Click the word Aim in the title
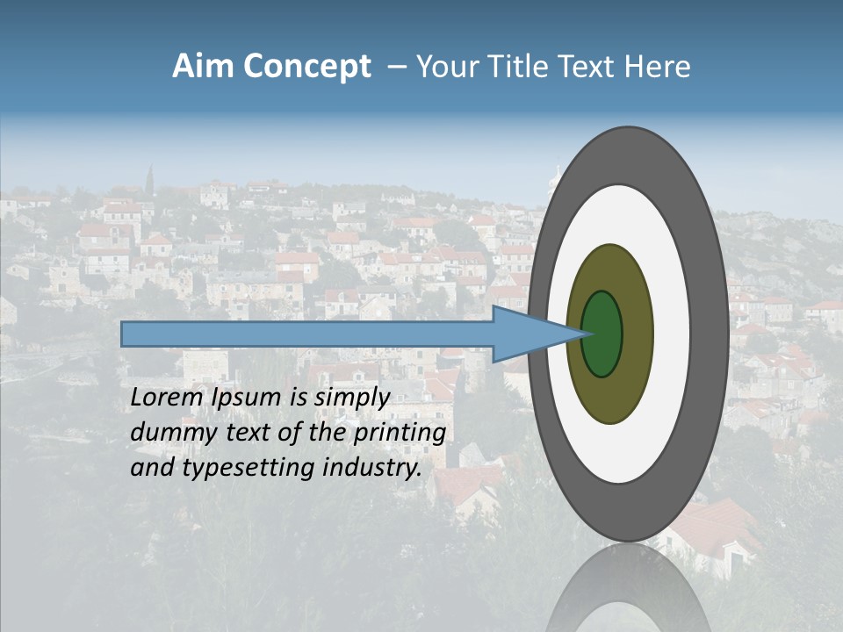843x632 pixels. click(x=203, y=67)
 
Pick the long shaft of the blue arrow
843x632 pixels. click(x=307, y=334)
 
